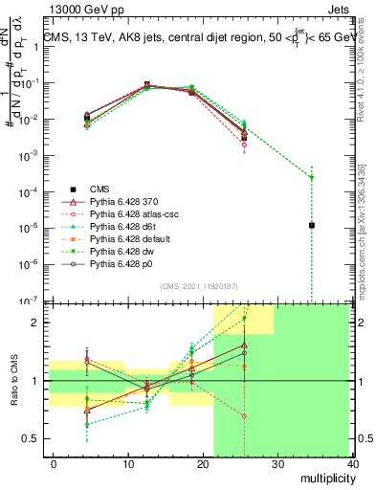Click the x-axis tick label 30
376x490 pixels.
(277, 464)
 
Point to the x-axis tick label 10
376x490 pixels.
(127, 464)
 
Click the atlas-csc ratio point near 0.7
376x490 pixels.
(245, 416)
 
